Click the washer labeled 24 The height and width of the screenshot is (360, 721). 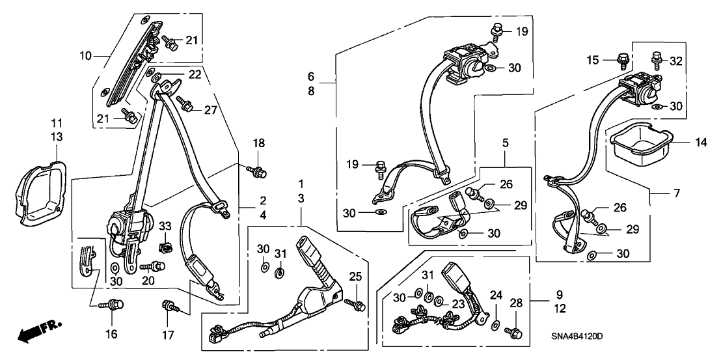point(495,324)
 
